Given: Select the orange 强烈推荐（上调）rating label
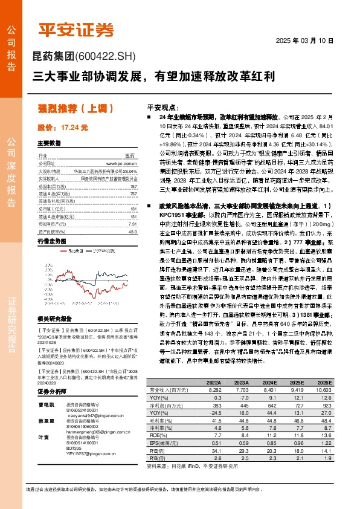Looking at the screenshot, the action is point(76,109).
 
